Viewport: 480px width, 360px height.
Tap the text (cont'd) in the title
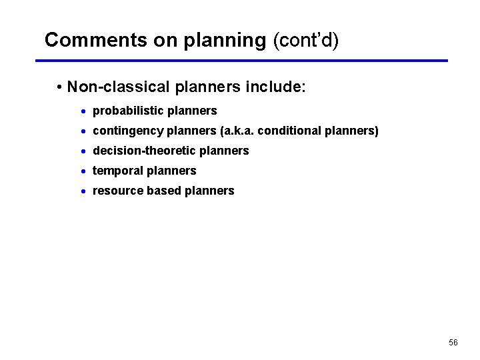[x=306, y=40]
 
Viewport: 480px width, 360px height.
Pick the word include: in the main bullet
[x=275, y=87]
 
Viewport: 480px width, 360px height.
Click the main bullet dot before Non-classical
[x=60, y=88]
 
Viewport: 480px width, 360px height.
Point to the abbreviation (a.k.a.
[x=236, y=131]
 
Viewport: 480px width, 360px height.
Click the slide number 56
[x=453, y=343]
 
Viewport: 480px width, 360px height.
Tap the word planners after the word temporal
[x=171, y=171]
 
